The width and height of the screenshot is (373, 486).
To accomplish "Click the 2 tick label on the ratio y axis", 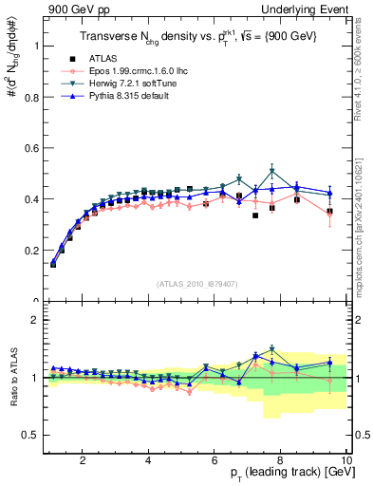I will [x=36, y=320].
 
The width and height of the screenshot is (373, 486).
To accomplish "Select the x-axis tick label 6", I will [x=214, y=460].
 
